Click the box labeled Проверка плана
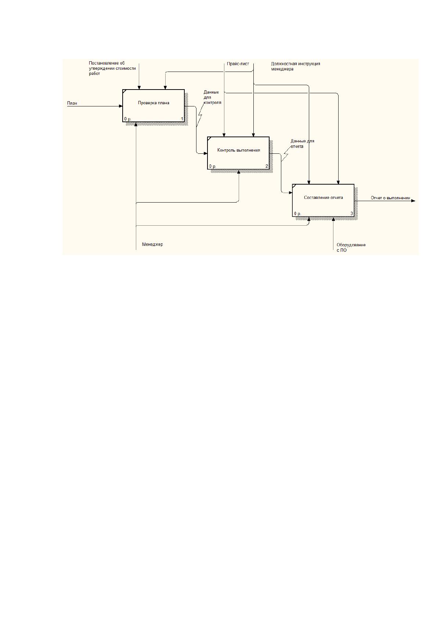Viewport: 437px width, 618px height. coord(154,106)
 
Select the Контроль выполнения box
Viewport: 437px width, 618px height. coord(238,153)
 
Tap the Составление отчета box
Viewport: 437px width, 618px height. coord(323,200)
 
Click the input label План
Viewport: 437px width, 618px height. coord(72,103)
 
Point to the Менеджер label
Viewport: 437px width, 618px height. coord(152,244)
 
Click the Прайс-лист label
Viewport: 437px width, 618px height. coord(238,64)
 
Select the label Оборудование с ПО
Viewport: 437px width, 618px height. coord(351,247)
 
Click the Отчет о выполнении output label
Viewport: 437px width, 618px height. coord(390,198)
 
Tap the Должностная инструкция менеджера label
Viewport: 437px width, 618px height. coord(295,66)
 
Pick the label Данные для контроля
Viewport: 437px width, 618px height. coord(212,97)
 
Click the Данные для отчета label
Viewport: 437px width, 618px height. coord(302,144)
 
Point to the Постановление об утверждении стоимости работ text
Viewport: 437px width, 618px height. coord(112,68)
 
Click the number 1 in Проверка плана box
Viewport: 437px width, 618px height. coord(182,119)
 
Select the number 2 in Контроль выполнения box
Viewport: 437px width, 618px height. coord(267,166)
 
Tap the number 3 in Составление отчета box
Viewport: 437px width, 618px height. coord(352,214)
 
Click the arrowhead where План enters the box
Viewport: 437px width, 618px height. coord(121,106)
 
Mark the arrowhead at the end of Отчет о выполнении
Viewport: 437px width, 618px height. coord(413,201)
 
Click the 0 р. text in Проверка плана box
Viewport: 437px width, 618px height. coord(128,119)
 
